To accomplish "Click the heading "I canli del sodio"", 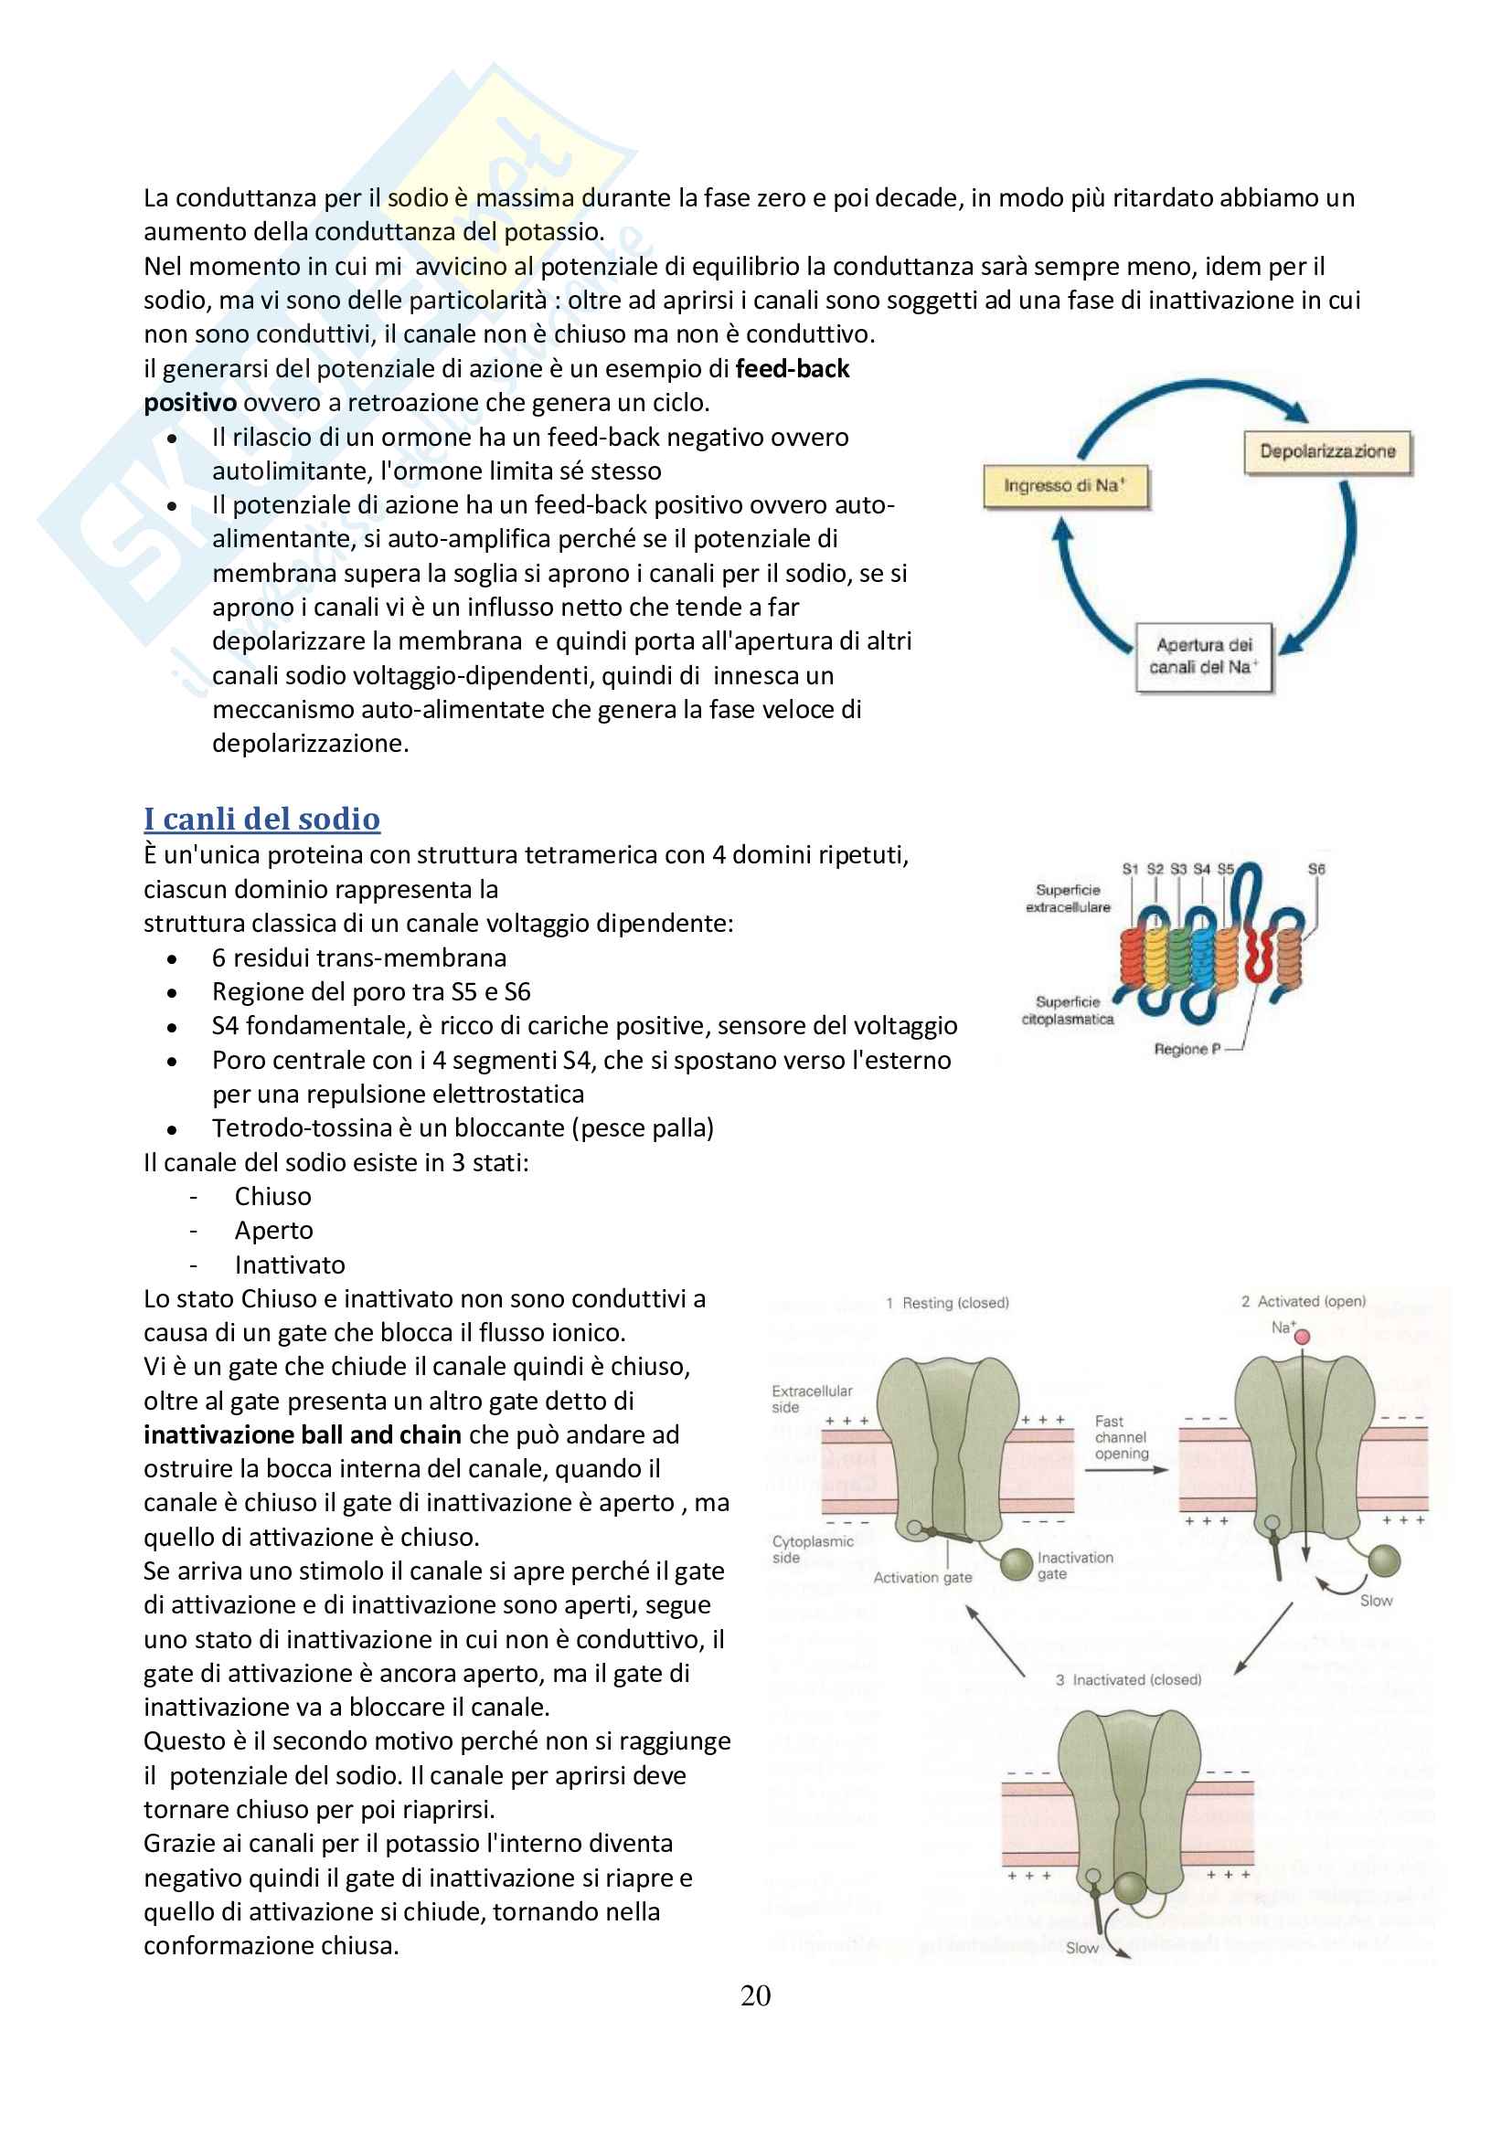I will pyautogui.click(x=261, y=819).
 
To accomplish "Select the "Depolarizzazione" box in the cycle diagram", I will pyautogui.click(x=1327, y=451).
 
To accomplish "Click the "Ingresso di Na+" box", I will pyautogui.click(x=1065, y=486).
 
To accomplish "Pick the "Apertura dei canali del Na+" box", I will pyautogui.click(x=1203, y=656).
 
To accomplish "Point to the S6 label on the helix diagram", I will pyautogui.click(x=1315, y=868).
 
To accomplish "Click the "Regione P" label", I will pyautogui.click(x=1187, y=1049).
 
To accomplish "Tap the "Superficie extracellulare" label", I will pyautogui.click(x=1068, y=898).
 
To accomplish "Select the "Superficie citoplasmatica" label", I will pyautogui.click(x=1068, y=1010).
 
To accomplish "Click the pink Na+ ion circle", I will pyautogui.click(x=1303, y=1337).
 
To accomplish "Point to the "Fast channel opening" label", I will pyautogui.click(x=1121, y=1437).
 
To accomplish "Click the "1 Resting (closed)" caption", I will pyautogui.click(x=948, y=1303).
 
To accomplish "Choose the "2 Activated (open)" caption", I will pyautogui.click(x=1304, y=1301).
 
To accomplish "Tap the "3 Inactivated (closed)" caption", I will pyautogui.click(x=1128, y=1680).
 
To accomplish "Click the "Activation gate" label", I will pyautogui.click(x=921, y=1578).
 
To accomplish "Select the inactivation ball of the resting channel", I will pyautogui.click(x=1016, y=1563).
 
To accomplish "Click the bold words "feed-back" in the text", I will pyautogui.click(x=793, y=368).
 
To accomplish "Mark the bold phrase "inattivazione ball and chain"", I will pyautogui.click(x=303, y=1435).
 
